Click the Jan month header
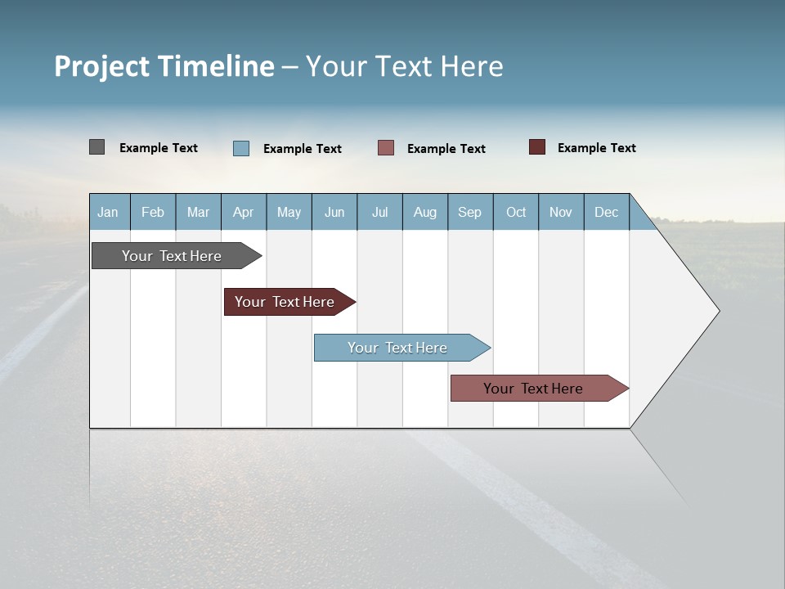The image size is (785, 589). (108, 212)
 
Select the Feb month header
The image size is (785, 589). (153, 212)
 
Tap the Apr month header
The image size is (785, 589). (244, 212)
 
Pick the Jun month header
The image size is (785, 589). (334, 212)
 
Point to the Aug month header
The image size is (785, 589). (425, 212)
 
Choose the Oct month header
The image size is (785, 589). (516, 212)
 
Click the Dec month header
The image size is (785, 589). (607, 212)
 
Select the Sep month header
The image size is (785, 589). (470, 212)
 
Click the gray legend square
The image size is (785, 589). (96, 147)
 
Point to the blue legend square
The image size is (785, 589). (240, 148)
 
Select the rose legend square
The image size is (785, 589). (386, 148)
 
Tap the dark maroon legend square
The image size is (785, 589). (536, 147)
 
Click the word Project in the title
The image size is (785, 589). (100, 66)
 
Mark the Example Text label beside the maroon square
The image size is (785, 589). (596, 148)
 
